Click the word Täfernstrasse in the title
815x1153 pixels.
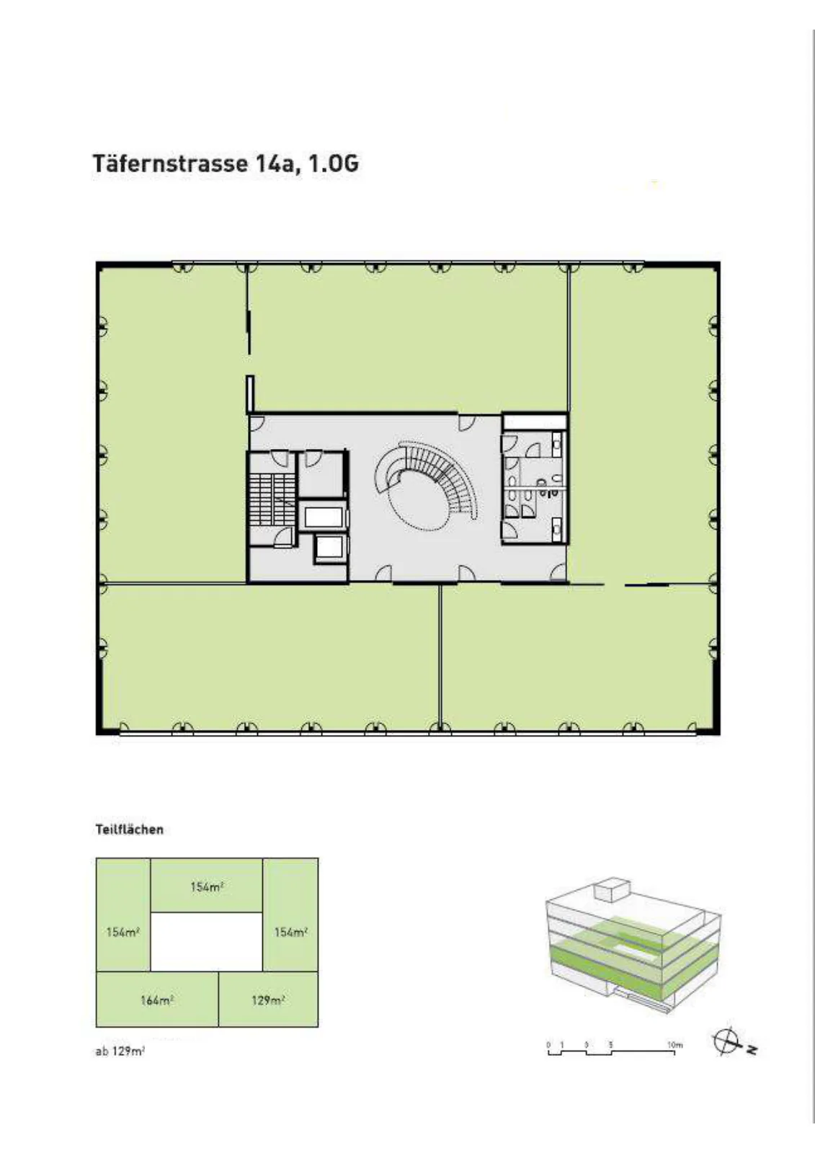(x=169, y=164)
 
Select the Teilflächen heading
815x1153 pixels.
(x=129, y=829)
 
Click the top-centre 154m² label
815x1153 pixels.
(x=207, y=886)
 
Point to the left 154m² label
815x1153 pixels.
(x=123, y=932)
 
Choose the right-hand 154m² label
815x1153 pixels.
(x=291, y=932)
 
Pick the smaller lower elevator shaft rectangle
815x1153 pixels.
(x=330, y=548)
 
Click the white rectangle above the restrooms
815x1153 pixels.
(x=535, y=421)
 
